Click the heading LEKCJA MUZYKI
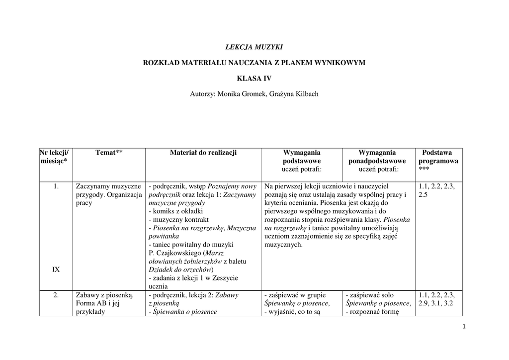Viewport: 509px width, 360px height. (254, 47)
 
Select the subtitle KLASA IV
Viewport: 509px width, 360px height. (254, 78)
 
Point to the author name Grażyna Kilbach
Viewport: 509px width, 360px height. (294, 94)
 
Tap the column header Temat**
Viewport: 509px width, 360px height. (109, 153)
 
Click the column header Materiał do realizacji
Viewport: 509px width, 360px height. (203, 153)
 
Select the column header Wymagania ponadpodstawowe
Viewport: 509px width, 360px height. (377, 157)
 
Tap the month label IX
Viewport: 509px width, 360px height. (56, 270)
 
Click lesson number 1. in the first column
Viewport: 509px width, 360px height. (56, 186)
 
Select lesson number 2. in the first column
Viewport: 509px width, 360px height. (56, 295)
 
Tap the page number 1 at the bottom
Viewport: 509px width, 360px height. (463, 327)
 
